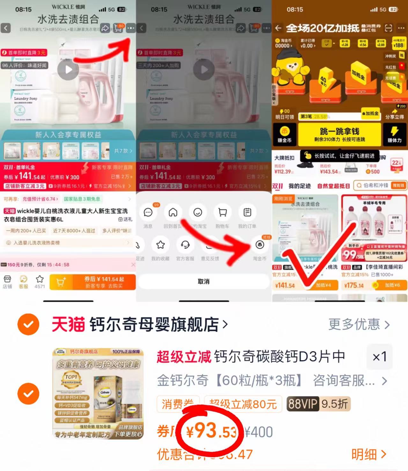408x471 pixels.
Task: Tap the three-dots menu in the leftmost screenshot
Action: [130, 28]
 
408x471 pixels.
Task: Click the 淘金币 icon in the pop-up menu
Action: [260, 245]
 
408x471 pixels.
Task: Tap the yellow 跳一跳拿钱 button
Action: [339, 134]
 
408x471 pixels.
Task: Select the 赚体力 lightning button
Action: [395, 134]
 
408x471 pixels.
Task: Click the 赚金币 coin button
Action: [284, 134]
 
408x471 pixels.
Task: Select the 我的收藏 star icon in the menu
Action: [160, 245]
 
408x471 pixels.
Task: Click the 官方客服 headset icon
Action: [185, 245]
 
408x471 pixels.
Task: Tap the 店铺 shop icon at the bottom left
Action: [7, 281]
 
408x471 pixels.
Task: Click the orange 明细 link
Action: [368, 454]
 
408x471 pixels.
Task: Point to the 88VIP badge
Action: [303, 404]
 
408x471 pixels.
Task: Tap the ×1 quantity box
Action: [379, 356]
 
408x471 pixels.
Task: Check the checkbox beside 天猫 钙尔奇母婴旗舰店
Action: [28, 325]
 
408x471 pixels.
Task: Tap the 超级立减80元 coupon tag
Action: [243, 404]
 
